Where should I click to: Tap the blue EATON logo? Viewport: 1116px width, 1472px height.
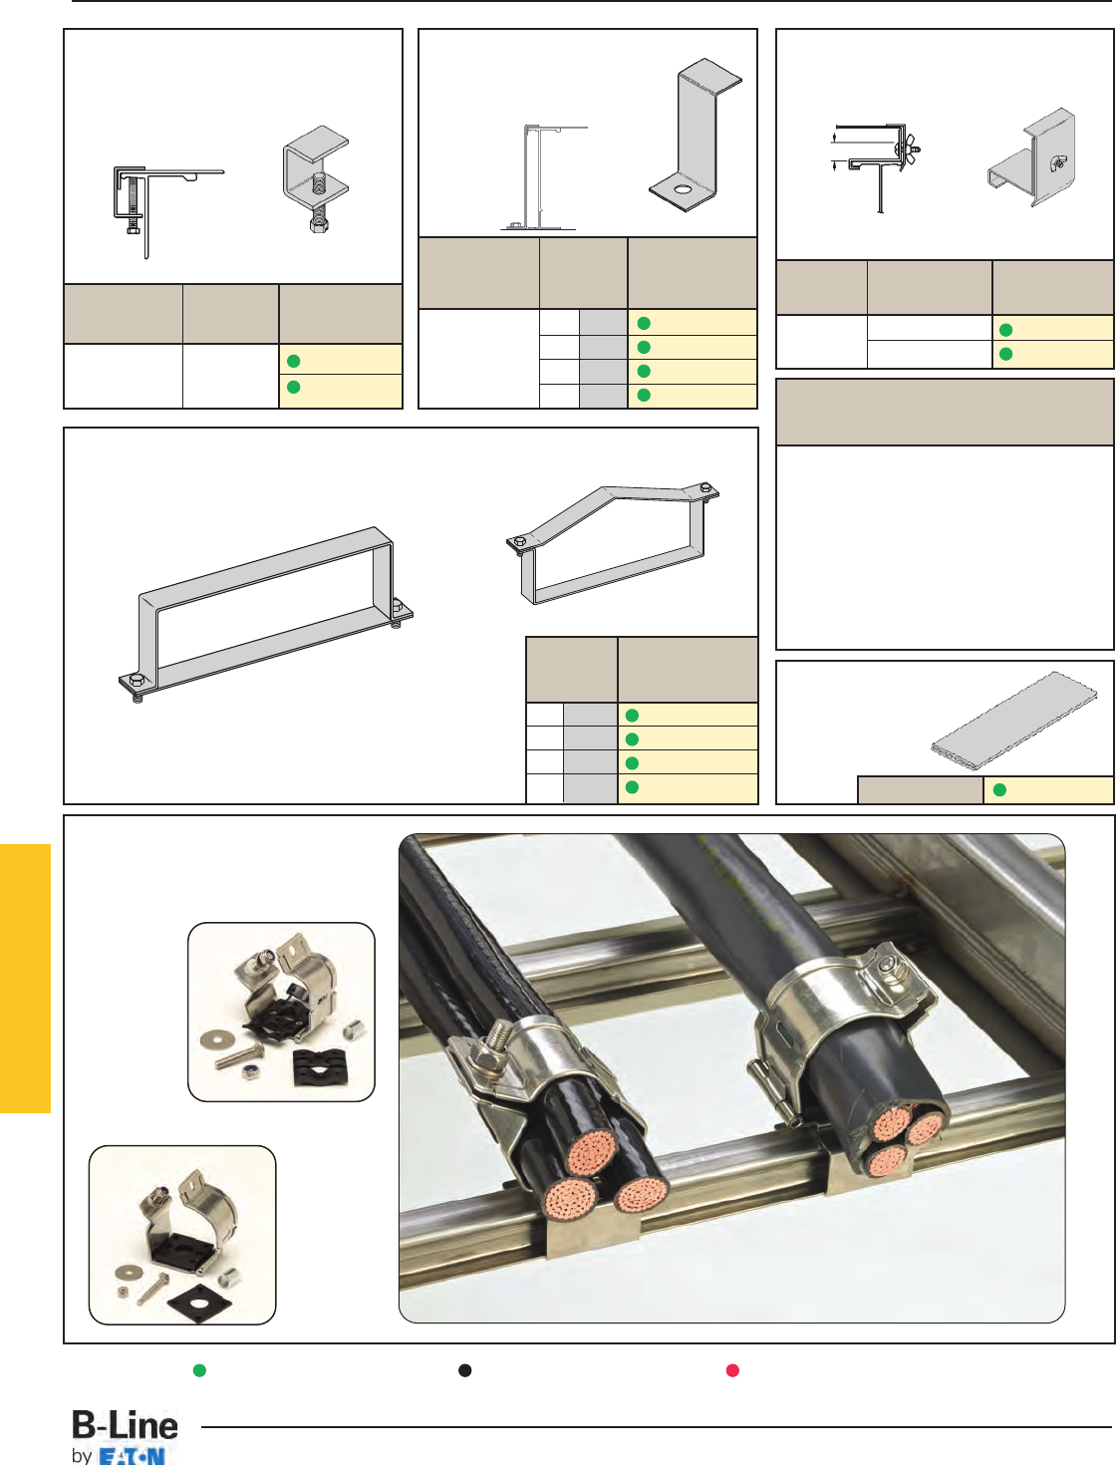tap(132, 1457)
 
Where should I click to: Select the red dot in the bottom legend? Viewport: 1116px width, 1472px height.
tap(732, 1370)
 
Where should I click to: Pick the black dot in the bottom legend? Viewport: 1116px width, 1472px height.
tap(464, 1370)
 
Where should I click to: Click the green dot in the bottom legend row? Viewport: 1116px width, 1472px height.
tap(199, 1370)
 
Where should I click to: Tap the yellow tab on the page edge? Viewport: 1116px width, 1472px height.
tap(25, 979)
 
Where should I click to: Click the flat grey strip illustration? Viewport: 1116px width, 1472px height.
tap(1013, 717)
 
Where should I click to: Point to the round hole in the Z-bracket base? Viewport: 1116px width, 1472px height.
tap(683, 190)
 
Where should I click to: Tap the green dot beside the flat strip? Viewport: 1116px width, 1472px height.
tap(999, 790)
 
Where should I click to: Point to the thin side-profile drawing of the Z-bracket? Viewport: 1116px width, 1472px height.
tap(541, 177)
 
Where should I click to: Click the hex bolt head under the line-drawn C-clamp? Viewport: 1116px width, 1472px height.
tap(133, 229)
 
